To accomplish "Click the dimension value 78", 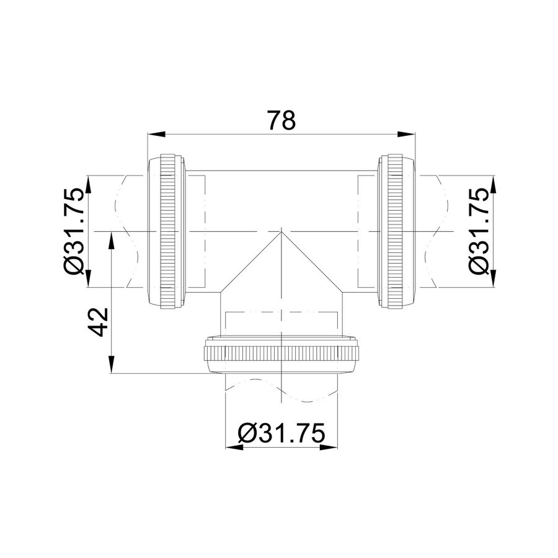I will click(280, 120).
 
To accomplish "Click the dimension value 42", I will click(100, 321).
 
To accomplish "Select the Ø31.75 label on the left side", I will click(74, 231).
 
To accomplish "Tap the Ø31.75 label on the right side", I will click(479, 231).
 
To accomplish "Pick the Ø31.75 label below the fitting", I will click(281, 432).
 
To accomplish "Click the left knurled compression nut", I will click(166, 231).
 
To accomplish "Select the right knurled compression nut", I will click(394, 231).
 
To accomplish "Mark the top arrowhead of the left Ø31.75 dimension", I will click(89, 182).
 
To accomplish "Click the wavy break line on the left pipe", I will click(127, 231).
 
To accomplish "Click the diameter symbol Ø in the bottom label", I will click(246, 432).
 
